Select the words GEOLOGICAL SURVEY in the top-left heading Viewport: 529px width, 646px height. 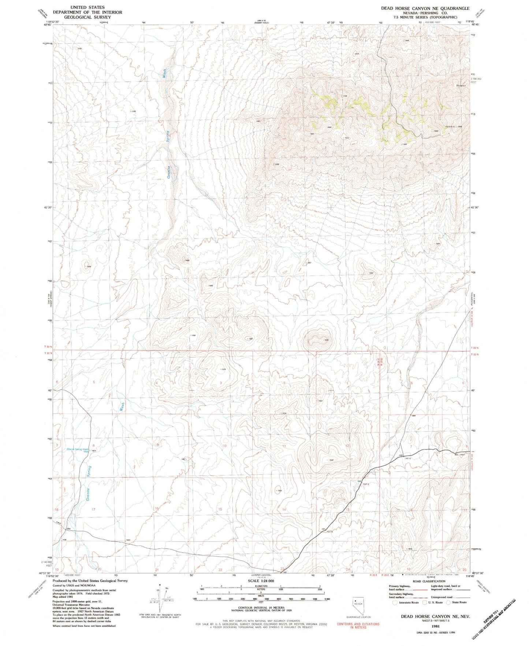tap(87, 17)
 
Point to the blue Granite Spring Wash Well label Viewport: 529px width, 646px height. tap(78, 450)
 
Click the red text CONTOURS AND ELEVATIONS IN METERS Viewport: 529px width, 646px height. tap(358, 625)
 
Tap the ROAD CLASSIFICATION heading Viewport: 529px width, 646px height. tap(418, 582)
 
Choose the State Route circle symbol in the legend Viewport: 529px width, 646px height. tap(448, 602)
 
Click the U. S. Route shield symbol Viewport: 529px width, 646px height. tap(425, 602)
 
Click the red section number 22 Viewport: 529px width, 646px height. tap(220, 570)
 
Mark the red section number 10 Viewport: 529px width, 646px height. tap(225, 446)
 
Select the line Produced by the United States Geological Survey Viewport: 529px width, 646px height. tap(90, 581)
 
